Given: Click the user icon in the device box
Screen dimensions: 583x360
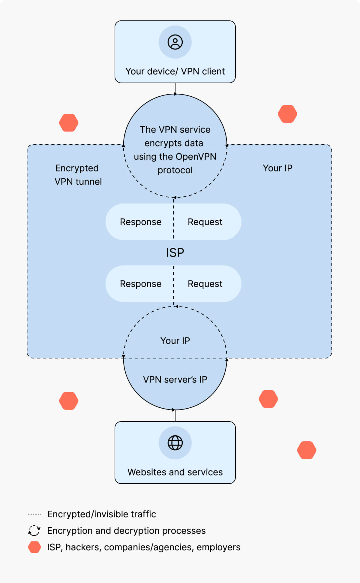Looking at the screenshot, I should [175, 42].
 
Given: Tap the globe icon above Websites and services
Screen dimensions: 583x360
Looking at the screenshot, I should [175, 443].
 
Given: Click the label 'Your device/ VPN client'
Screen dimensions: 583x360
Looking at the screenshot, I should [175, 71].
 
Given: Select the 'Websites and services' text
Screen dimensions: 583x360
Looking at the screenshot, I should [175, 472].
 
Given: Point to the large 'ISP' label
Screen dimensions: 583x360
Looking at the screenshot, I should [175, 253].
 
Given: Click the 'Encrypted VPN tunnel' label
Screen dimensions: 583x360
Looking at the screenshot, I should [78, 175].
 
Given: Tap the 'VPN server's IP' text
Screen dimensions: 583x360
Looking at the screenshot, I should [175, 379].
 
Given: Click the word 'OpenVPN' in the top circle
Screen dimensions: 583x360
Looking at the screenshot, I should [196, 157].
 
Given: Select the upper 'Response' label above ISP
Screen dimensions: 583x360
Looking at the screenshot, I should [140, 222].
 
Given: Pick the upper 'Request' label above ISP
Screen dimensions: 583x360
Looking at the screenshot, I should [205, 222].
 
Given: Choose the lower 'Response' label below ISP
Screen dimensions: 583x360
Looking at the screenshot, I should [140, 284].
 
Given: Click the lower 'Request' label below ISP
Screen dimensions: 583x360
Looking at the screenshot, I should [205, 284].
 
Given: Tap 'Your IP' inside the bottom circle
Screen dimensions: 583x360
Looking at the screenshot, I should [175, 341].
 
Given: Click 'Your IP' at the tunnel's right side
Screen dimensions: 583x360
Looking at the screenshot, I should [277, 168].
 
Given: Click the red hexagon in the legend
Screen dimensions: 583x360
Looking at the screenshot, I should [34, 547].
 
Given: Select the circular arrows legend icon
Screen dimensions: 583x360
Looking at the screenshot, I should [34, 530].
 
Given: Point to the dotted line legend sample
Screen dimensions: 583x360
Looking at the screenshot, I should [34, 514].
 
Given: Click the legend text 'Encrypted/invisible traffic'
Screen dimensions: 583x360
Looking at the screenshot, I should [101, 514].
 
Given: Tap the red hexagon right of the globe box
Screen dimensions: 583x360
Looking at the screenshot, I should [307, 450].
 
